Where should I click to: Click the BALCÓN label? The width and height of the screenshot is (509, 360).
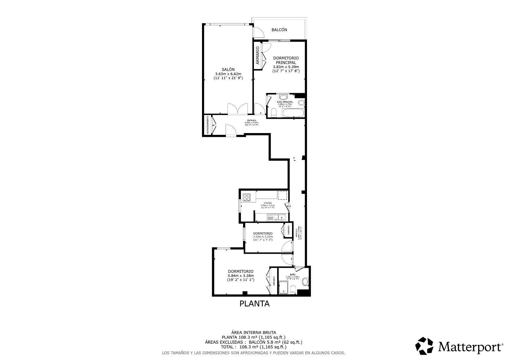coord(279,30)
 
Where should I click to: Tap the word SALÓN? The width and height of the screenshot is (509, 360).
coord(228,69)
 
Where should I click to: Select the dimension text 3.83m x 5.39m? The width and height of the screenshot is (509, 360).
coord(286,67)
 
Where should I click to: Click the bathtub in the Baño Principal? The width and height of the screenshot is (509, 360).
coord(293,113)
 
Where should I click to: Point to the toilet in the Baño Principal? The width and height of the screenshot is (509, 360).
coord(274,112)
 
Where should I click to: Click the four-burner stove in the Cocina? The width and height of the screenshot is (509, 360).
coord(247,197)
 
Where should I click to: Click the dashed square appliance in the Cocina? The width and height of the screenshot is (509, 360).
coord(282,195)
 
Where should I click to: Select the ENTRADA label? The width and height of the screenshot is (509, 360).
coord(252,120)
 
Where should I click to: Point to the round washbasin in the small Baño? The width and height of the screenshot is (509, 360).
coord(305,281)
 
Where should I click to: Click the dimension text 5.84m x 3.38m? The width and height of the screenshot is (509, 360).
coord(241,276)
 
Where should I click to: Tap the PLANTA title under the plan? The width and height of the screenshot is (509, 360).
coord(254,304)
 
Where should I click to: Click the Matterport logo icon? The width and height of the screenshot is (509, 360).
coord(425,346)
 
